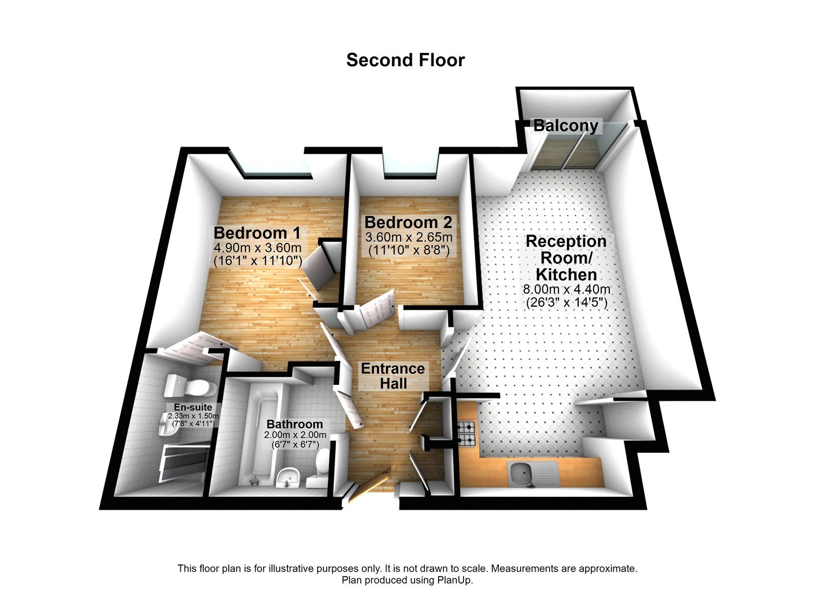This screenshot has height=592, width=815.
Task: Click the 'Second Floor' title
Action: tap(405, 60)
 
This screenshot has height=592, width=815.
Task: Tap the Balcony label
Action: tap(565, 126)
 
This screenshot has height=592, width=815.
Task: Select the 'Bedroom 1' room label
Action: tap(257, 233)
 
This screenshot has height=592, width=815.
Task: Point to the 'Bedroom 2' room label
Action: tap(409, 222)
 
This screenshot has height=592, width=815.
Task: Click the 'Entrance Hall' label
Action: tap(393, 376)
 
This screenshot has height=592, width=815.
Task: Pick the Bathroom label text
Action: tap(294, 424)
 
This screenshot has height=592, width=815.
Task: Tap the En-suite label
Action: tap(193, 407)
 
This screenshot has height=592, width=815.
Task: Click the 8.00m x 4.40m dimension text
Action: tap(566, 290)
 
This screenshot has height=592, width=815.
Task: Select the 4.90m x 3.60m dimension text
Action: tap(257, 248)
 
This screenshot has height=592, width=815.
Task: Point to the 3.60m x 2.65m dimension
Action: tap(409, 237)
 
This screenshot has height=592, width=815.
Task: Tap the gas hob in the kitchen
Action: tap(466, 433)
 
